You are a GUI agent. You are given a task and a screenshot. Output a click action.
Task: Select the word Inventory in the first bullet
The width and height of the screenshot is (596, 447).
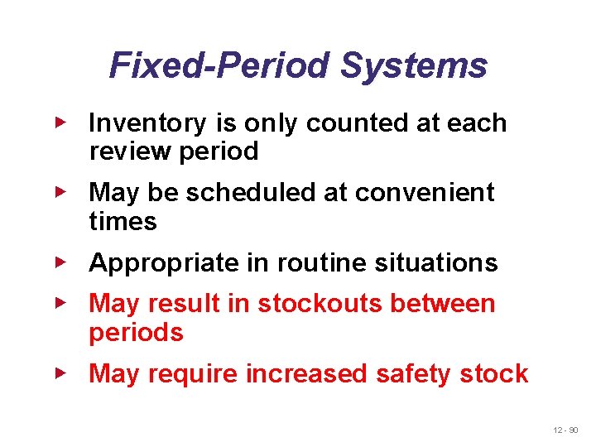[x=147, y=123]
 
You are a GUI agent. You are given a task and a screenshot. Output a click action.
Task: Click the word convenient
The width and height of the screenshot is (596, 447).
[x=425, y=193]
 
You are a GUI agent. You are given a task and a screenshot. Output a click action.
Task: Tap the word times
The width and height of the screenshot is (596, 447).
[x=123, y=221]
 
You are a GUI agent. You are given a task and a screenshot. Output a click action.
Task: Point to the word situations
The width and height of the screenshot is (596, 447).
[x=440, y=263]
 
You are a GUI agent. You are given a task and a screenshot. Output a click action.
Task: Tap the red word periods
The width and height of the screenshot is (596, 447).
[x=136, y=333]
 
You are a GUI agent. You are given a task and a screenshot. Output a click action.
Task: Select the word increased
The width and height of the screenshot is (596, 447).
[x=307, y=374]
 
